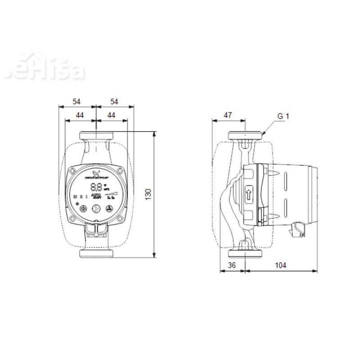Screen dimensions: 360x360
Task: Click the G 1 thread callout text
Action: click(x=283, y=116)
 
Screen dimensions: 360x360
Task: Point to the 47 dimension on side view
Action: click(x=228, y=116)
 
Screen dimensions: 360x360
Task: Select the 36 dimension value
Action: click(x=232, y=265)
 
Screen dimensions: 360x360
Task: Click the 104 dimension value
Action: click(x=280, y=265)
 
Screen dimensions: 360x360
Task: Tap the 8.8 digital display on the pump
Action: click(x=95, y=187)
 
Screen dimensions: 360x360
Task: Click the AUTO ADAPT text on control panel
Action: click(x=96, y=196)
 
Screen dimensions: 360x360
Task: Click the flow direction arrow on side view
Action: click(x=249, y=194)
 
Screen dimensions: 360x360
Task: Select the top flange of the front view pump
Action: click(x=96, y=135)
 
